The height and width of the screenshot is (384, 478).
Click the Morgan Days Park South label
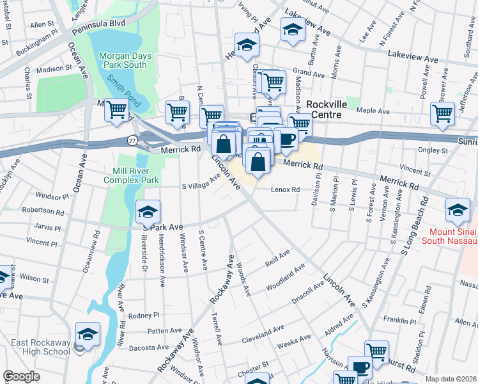[x=125, y=60]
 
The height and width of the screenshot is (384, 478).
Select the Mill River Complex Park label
[x=130, y=176]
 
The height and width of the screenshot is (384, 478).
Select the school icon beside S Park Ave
[x=148, y=212]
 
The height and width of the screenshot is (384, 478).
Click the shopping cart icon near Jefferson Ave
[x=442, y=113]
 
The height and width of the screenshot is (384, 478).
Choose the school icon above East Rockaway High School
[x=88, y=333]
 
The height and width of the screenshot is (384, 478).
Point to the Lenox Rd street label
[x=285, y=190]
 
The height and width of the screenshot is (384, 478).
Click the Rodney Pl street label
[x=143, y=316]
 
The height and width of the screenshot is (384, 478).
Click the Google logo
[x=22, y=376]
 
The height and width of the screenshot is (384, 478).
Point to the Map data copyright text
[x=451, y=379]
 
